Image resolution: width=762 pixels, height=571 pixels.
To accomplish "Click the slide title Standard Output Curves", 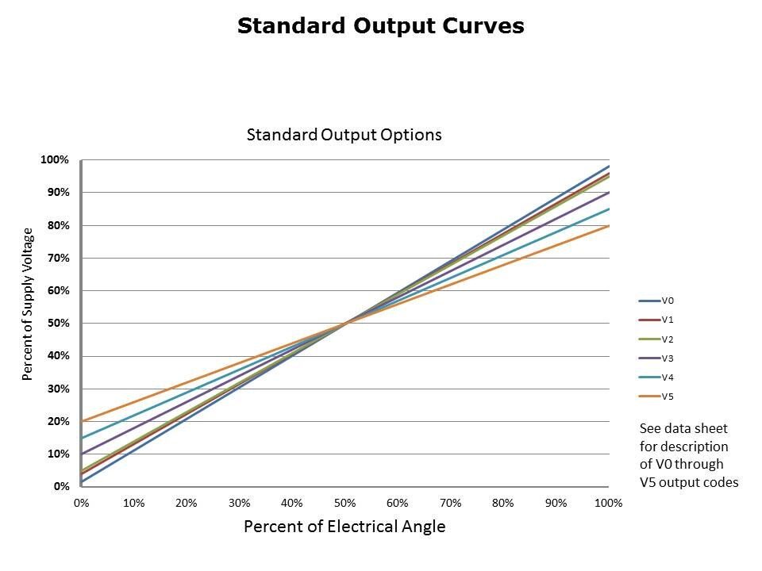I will tap(381, 26).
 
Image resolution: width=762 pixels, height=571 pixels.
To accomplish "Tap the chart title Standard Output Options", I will tap(344, 135).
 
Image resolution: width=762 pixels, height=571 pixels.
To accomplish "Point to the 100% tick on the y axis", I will tap(56, 160).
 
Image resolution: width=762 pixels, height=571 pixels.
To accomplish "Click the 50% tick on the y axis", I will tap(58, 324).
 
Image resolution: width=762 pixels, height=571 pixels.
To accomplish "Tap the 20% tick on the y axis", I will tap(58, 422).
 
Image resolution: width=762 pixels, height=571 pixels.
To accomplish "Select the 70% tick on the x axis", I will tap(450, 503).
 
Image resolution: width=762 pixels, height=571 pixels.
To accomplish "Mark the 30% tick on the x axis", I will tap(239, 503).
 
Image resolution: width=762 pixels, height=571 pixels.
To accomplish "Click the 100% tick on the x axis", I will tap(608, 503).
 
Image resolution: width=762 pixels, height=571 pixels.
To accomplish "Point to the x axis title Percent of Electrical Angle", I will tap(344, 527).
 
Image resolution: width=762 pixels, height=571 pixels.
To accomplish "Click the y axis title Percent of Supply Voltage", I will tap(28, 304).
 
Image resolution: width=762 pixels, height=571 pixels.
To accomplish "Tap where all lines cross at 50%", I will tap(345, 324).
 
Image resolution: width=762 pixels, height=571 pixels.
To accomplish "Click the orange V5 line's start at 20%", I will tap(82, 421).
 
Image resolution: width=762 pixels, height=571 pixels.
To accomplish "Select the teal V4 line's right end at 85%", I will tap(609, 209).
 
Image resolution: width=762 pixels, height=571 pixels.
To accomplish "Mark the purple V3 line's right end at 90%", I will tap(609, 193).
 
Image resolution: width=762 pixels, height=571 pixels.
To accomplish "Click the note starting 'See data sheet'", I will tap(688, 455).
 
